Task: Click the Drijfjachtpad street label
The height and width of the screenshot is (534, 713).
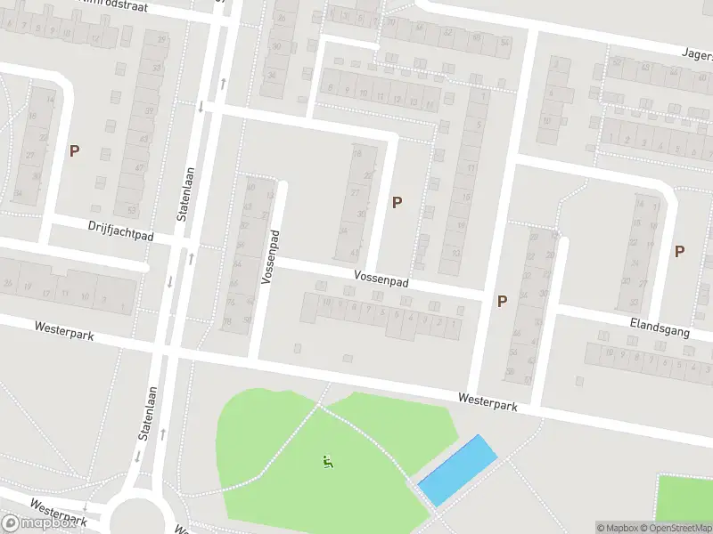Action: (x=121, y=231)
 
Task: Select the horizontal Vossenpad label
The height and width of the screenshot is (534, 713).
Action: (x=381, y=279)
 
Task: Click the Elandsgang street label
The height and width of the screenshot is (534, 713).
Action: (x=660, y=326)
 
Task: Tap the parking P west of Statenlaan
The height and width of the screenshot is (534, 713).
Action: (x=75, y=151)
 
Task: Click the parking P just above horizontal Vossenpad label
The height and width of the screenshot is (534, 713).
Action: (x=397, y=202)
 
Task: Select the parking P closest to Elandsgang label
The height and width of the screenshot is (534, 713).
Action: (x=679, y=252)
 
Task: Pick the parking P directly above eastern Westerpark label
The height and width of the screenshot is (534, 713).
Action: (x=502, y=301)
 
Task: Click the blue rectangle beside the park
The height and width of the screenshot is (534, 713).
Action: (x=457, y=470)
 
